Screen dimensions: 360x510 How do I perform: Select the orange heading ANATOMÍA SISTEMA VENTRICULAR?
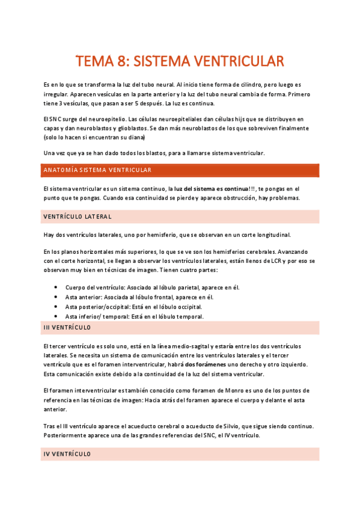point(97,170)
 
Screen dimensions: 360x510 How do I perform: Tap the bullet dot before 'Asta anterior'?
point(56,297)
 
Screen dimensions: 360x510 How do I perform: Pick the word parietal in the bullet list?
point(188,287)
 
